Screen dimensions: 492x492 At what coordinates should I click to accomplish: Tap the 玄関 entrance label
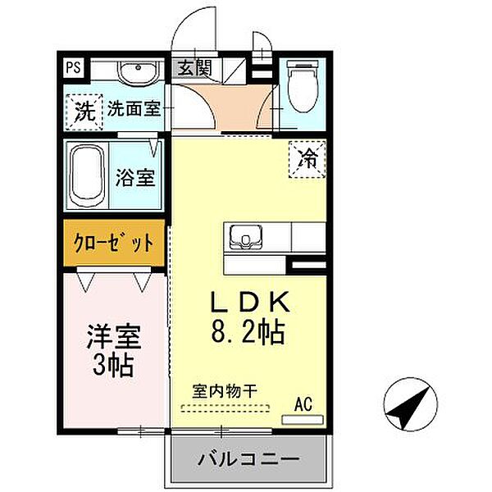(x=192, y=68)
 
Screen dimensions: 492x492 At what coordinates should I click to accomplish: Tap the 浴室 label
(x=136, y=177)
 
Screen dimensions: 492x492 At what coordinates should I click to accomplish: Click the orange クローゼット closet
(x=114, y=244)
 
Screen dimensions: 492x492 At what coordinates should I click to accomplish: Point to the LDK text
(x=248, y=303)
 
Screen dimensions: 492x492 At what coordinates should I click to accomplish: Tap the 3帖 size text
(x=113, y=365)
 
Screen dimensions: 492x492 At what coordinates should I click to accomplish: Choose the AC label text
(x=303, y=404)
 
